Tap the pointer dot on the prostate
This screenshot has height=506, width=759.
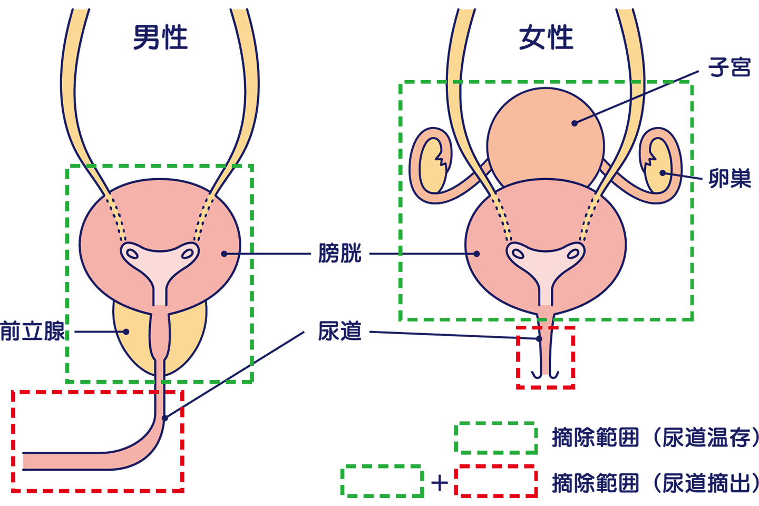126,332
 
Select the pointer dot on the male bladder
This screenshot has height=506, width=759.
224,254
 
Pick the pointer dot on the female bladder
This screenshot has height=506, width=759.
477,254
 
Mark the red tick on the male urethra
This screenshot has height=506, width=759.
157,392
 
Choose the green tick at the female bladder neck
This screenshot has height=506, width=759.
542,320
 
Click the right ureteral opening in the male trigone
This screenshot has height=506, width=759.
187,254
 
